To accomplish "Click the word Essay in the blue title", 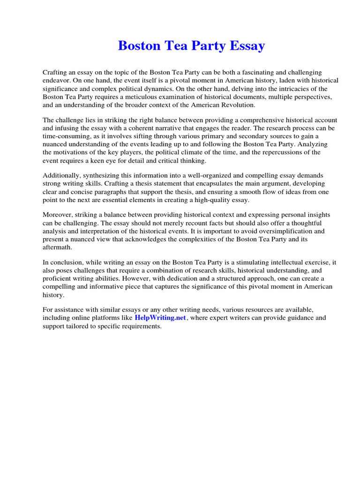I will [x=247, y=46].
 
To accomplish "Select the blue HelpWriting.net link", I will [x=160, y=318].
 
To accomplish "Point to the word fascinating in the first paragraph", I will [x=244, y=73].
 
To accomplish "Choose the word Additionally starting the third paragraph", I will [x=61, y=176].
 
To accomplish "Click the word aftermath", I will [x=57, y=247].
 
